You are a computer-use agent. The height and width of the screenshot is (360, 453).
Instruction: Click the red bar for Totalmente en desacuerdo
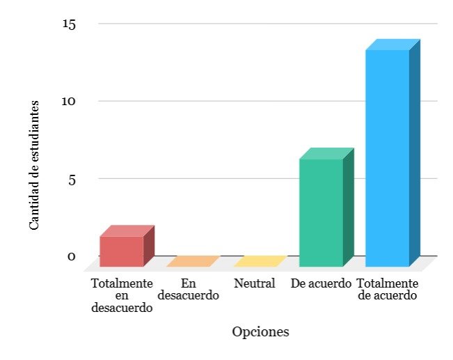[127, 246]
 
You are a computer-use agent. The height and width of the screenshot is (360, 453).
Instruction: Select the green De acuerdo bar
[327, 208]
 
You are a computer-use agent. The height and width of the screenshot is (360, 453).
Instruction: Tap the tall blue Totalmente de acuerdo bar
[393, 153]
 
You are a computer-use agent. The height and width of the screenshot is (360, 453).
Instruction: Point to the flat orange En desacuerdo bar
[193, 261]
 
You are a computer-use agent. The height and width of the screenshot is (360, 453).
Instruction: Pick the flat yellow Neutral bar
[260, 261]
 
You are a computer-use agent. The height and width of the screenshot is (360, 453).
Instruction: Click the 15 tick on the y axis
[69, 24]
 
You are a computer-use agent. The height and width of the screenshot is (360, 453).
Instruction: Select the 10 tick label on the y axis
[68, 101]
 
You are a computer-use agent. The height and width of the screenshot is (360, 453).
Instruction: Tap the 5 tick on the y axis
[72, 180]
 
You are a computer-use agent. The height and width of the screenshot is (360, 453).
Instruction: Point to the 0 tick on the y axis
[72, 256]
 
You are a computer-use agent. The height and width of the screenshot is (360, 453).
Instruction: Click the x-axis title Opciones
[260, 332]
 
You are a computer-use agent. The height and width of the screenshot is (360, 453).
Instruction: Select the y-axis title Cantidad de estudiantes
[34, 165]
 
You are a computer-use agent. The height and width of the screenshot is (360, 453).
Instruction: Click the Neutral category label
[254, 283]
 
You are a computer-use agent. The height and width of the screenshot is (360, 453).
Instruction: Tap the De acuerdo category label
[321, 283]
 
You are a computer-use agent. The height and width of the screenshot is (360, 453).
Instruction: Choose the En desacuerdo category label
[189, 289]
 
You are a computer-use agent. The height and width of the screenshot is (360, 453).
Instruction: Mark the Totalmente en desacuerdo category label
[122, 295]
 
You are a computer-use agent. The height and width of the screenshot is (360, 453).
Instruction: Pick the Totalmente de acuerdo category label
[388, 289]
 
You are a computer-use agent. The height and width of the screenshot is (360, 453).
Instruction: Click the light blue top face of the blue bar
[393, 45]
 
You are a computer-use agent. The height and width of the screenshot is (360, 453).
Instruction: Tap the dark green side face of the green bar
[349, 207]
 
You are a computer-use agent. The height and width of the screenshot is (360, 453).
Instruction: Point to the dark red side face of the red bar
[149, 246]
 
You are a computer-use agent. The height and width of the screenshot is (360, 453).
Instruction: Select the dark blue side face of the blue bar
[415, 152]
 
